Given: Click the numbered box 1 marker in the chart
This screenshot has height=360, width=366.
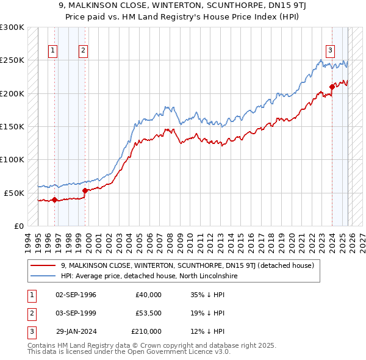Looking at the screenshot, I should [54, 51].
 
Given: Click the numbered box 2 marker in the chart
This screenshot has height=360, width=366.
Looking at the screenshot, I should [84, 51].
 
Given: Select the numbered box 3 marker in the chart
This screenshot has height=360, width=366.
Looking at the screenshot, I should [330, 51].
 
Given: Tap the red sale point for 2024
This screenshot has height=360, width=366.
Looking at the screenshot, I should [332, 87].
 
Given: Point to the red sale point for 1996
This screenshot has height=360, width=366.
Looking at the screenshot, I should [54, 199].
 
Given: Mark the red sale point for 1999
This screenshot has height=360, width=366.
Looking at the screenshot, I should [85, 190].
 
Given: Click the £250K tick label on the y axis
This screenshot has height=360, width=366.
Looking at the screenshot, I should [12, 60].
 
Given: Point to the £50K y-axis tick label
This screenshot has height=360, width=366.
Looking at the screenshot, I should [14, 193].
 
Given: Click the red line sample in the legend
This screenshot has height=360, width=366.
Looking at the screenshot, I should [43, 265].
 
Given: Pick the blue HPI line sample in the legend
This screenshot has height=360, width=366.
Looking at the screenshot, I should [43, 276].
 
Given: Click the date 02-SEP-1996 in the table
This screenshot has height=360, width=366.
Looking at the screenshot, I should [76, 295].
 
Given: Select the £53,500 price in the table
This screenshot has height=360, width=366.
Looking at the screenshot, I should [148, 313].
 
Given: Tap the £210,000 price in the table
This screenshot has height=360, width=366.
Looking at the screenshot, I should [146, 331].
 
